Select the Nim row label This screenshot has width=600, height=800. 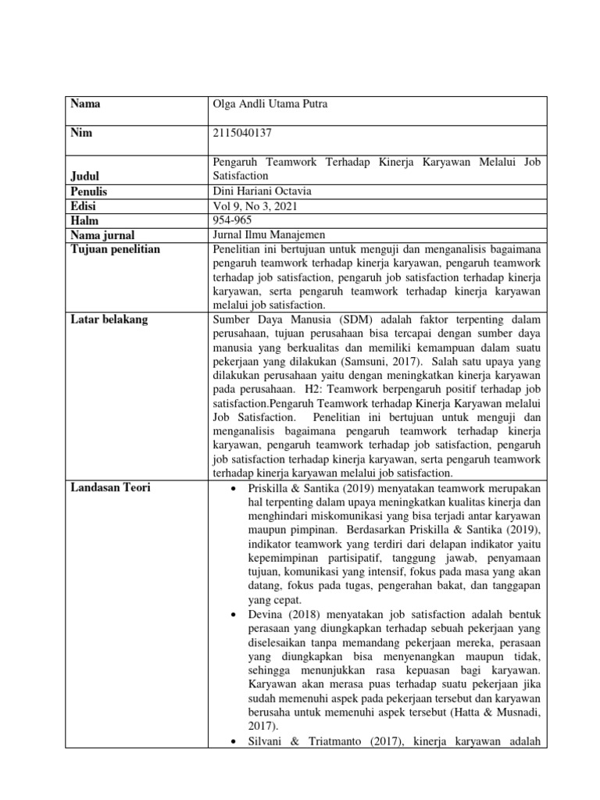point(81,133)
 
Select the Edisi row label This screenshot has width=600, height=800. point(85,205)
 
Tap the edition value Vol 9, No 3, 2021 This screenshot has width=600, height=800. point(254,205)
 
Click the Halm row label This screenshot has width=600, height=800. point(84,220)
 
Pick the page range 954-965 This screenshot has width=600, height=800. point(233,220)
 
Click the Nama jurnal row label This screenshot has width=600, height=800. point(102,234)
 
